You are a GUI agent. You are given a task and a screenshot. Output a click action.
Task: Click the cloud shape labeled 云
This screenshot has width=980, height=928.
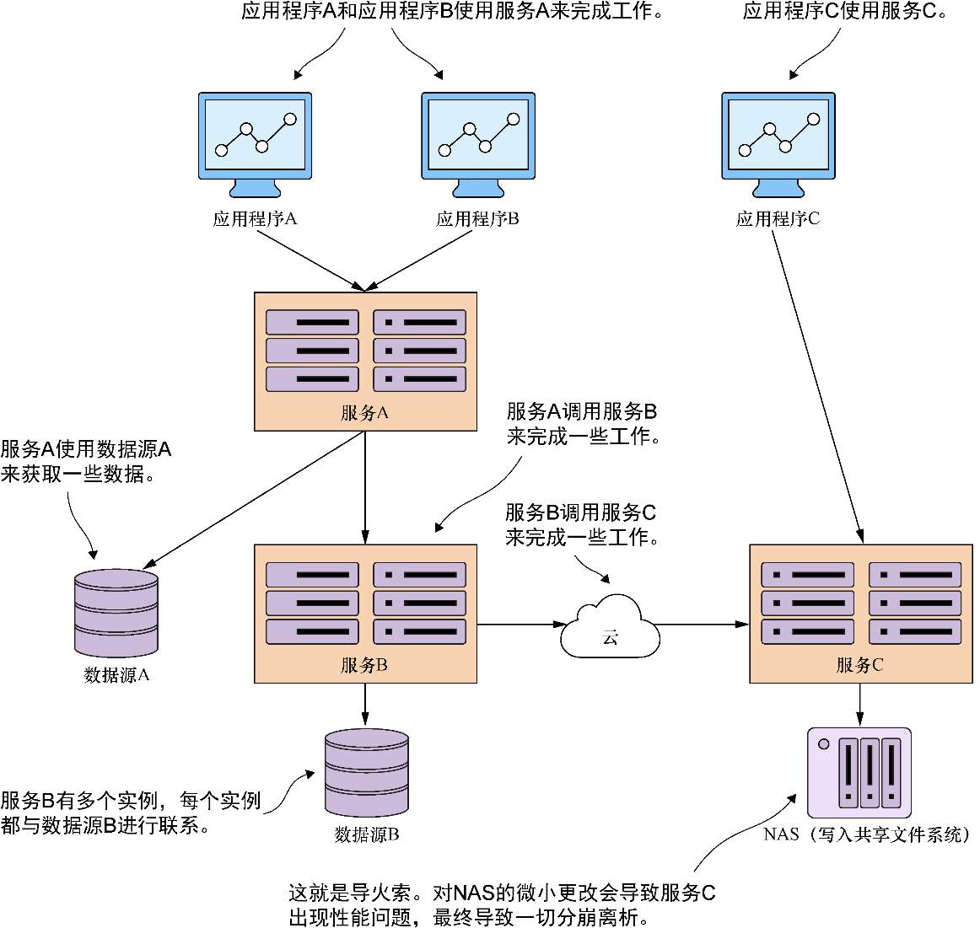(x=610, y=628)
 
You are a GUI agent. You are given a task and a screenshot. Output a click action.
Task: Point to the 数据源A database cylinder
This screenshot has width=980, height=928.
(x=116, y=613)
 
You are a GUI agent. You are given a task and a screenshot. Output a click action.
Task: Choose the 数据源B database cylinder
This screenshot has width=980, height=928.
(x=366, y=772)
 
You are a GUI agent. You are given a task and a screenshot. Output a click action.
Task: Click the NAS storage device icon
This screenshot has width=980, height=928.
(x=859, y=773)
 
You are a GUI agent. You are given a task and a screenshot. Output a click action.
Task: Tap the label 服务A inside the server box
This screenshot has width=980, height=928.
(x=364, y=413)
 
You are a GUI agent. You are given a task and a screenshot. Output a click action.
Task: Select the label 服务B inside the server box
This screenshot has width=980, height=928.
(x=364, y=665)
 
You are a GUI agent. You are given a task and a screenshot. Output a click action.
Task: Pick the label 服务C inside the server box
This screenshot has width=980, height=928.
(x=859, y=665)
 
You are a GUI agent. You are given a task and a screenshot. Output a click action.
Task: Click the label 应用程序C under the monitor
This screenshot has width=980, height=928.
(x=778, y=219)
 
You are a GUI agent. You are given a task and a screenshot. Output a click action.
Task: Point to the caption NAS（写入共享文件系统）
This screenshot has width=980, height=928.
(x=866, y=834)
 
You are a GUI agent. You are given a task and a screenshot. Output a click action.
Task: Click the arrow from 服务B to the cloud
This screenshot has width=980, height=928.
(x=520, y=625)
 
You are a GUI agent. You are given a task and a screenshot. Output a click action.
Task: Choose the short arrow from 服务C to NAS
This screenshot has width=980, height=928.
(x=859, y=705)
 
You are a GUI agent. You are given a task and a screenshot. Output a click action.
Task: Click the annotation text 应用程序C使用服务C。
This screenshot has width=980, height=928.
(x=845, y=12)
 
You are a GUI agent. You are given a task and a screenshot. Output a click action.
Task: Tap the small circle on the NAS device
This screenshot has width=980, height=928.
(x=824, y=743)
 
